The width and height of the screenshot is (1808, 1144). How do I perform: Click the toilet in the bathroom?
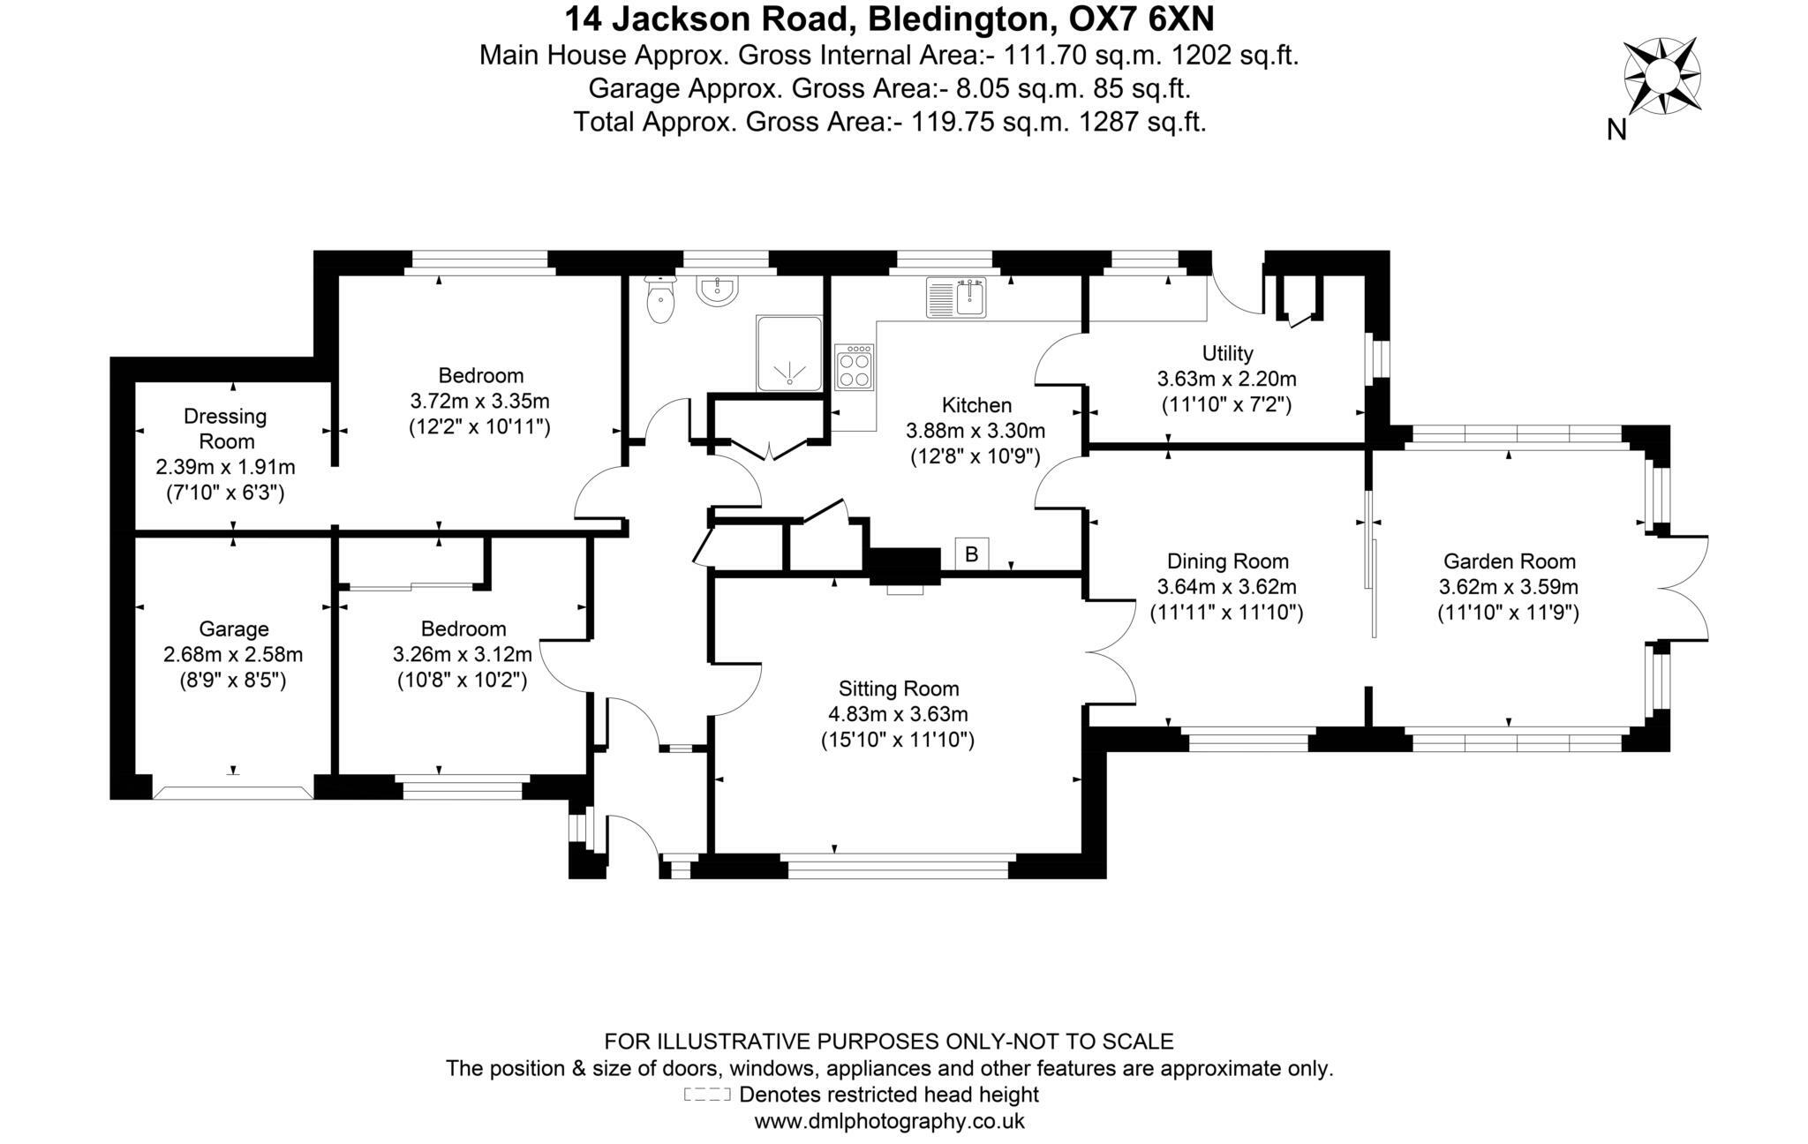point(660,301)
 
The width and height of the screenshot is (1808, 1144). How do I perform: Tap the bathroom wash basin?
point(718,291)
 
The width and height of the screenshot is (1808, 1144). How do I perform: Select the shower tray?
point(789,353)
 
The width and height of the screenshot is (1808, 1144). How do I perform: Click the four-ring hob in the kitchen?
point(855,367)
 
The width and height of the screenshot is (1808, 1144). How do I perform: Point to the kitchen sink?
point(957,297)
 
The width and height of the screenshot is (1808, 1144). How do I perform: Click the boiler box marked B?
point(971,554)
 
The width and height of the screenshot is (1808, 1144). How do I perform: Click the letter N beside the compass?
point(1616,131)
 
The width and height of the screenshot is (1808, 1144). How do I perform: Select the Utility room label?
point(1227,353)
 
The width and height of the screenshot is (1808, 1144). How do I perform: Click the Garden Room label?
point(1509,561)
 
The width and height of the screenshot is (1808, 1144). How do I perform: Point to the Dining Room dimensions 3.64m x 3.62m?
point(1226,587)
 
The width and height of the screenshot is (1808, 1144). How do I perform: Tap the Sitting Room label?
point(899,689)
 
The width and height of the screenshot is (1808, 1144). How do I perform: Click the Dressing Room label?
point(226,428)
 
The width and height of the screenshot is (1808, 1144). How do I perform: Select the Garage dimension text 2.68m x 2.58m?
point(233,655)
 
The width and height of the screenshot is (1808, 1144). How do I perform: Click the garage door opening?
point(233,791)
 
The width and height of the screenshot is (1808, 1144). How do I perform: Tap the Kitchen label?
point(976,405)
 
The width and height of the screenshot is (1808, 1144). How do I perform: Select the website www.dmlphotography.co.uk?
point(889,1122)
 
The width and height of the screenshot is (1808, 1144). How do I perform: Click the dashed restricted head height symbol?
point(707,1095)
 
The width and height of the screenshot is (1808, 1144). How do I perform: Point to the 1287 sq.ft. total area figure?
point(1142,121)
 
